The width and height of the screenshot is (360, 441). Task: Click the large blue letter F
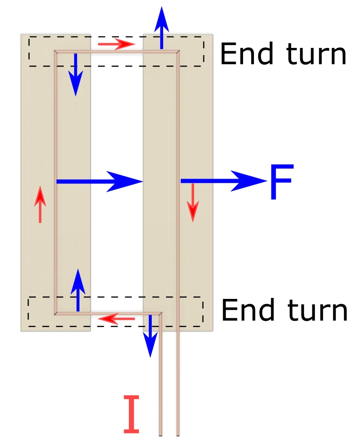[x=282, y=182]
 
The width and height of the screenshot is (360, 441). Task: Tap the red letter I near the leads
[x=132, y=414]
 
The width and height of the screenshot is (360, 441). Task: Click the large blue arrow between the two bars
[x=99, y=181]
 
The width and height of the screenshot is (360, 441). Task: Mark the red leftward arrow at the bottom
[x=117, y=318]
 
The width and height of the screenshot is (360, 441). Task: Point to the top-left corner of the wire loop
[x=56, y=51]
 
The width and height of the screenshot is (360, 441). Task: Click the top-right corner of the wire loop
[x=178, y=51]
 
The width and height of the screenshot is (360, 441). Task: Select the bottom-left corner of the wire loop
[x=56, y=314]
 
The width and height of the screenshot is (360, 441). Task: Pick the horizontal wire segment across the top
[x=117, y=51]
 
